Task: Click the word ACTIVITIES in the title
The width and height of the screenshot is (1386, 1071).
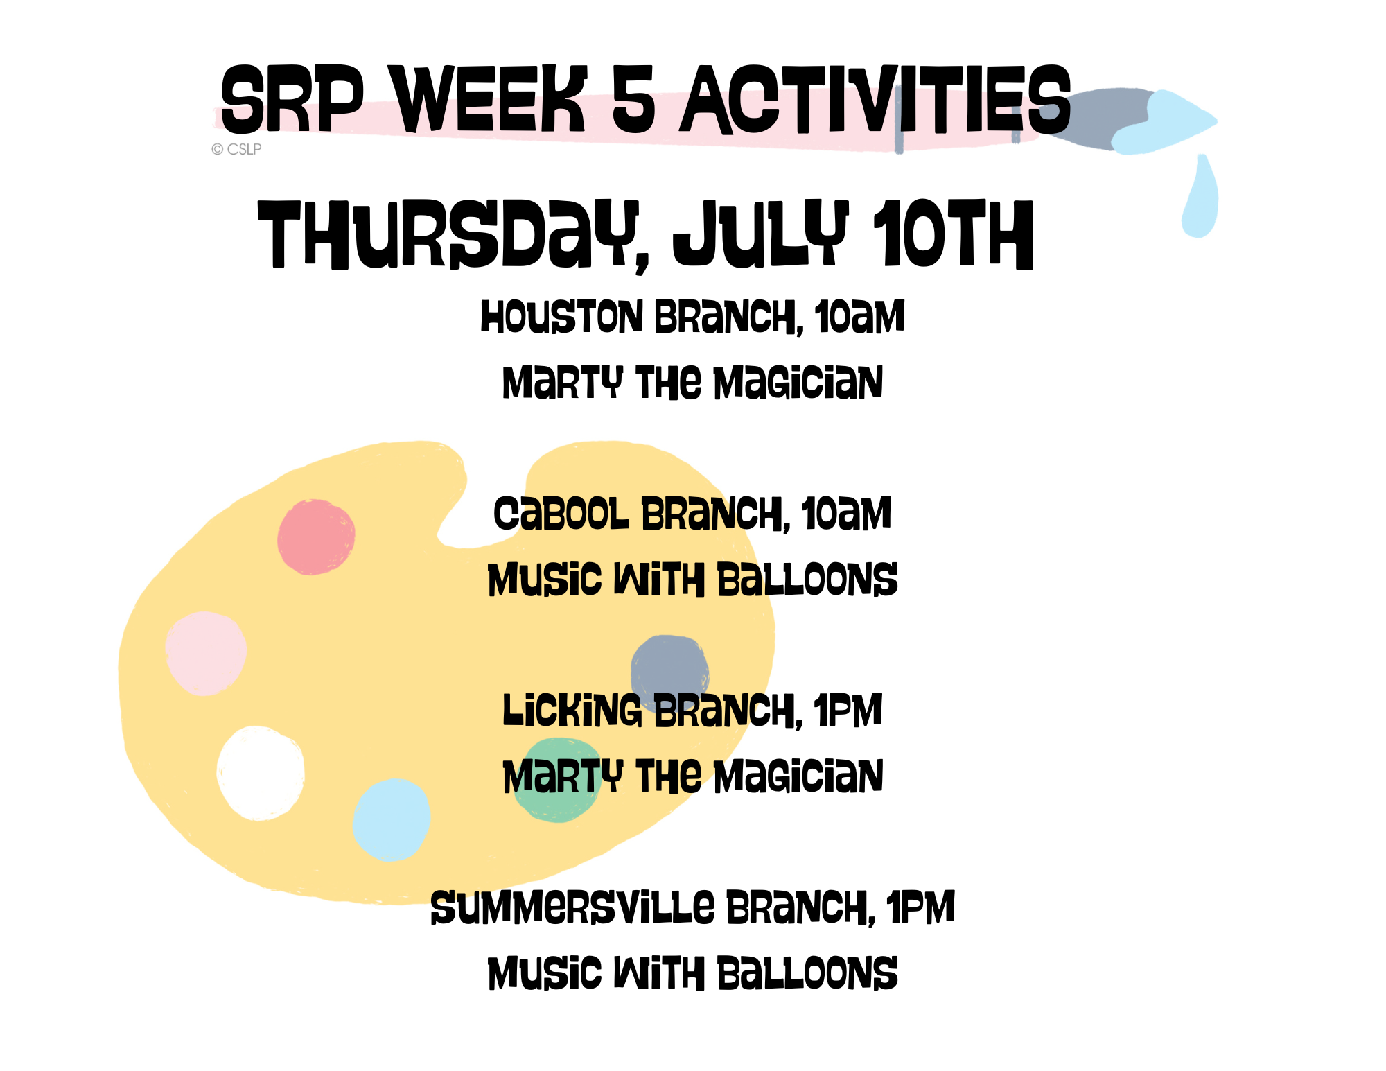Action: tap(876, 100)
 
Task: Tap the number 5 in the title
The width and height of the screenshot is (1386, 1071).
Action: tap(633, 99)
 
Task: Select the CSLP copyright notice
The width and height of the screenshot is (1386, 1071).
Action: tap(236, 149)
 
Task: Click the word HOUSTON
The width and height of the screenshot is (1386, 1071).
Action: tap(562, 317)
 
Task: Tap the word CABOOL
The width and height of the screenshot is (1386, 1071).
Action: tap(561, 514)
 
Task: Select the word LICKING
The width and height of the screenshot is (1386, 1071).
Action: tap(572, 711)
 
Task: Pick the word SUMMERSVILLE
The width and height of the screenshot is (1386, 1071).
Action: tap(572, 907)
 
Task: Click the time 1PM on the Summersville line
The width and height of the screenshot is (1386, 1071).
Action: tap(920, 907)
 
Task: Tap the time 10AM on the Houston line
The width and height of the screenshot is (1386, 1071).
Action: tap(859, 317)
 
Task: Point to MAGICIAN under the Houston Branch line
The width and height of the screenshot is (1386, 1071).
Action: tap(798, 383)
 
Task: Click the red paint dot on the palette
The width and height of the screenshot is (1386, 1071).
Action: tap(316, 537)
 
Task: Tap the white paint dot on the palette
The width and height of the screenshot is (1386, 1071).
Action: tap(260, 773)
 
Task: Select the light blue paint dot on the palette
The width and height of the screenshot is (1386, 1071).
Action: tap(392, 819)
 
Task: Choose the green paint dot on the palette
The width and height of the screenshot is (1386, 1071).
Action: tap(559, 781)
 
